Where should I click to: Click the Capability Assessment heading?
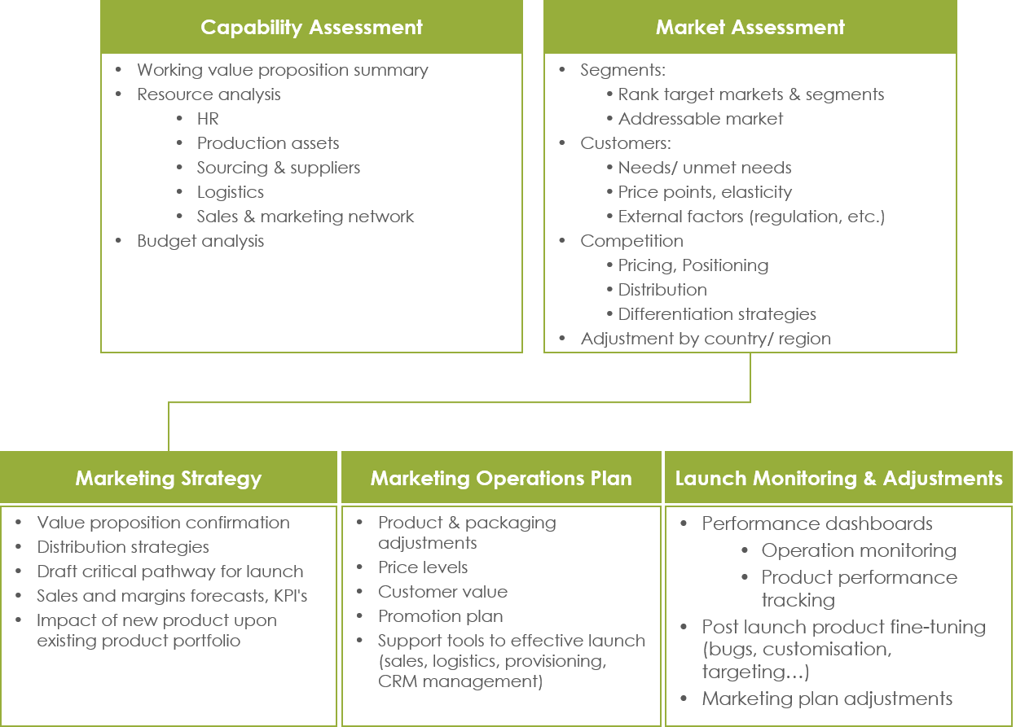pos(311,27)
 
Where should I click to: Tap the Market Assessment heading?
pos(750,27)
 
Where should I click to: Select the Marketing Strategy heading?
pos(168,478)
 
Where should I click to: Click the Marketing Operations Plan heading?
pos(501,478)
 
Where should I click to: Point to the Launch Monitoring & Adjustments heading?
pos(838,478)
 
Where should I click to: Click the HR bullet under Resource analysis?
pos(208,119)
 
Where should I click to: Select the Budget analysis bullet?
pos(200,241)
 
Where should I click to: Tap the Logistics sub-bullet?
pos(230,192)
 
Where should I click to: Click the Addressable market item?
pos(700,119)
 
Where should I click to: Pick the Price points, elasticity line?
pos(705,192)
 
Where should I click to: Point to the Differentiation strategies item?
pos(717,314)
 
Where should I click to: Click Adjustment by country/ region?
pos(705,339)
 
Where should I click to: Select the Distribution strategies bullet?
pos(123,547)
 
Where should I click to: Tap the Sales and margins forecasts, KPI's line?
pos(172,596)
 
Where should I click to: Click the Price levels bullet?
pos(423,567)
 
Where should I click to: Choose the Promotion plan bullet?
pos(440,616)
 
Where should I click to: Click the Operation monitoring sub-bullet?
pos(858,550)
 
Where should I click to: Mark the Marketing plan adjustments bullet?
pos(827,699)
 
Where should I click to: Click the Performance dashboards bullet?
pos(816,523)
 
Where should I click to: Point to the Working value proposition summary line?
pos(282,70)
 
